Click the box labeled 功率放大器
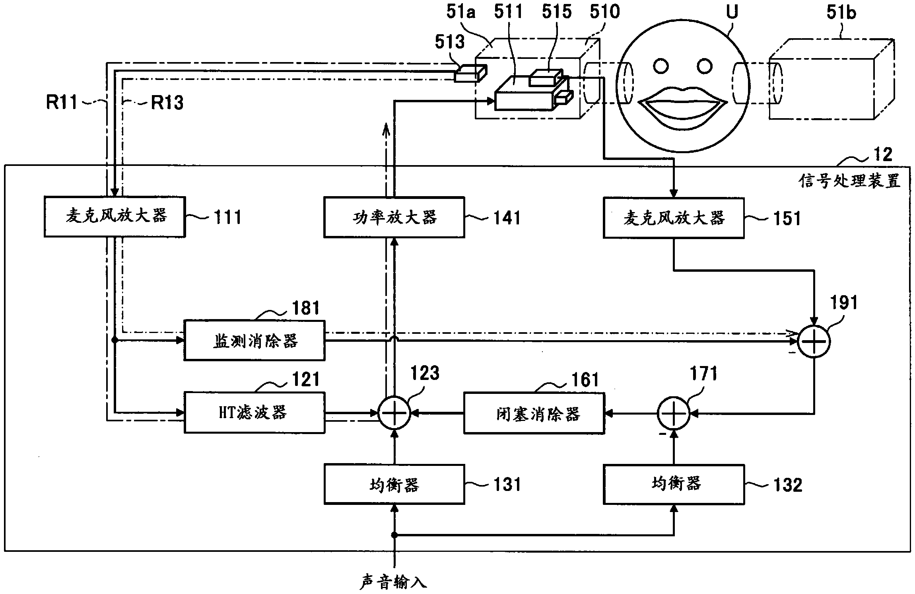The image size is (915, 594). (x=394, y=217)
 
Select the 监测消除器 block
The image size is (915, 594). (x=254, y=341)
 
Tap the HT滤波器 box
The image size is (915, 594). (x=254, y=413)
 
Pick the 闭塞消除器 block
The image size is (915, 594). (x=534, y=414)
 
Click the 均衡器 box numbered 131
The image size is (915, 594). (x=394, y=484)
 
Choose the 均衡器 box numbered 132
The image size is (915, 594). (x=674, y=484)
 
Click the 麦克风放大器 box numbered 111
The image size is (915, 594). (x=115, y=216)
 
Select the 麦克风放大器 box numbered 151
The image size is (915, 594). (x=674, y=218)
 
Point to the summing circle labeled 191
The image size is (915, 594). (x=814, y=341)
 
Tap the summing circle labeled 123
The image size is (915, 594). (x=394, y=413)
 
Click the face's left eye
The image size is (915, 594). (x=661, y=66)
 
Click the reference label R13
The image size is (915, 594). (x=167, y=103)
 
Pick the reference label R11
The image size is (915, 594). (x=62, y=102)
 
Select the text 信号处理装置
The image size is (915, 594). (x=849, y=181)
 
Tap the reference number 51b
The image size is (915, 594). (x=841, y=13)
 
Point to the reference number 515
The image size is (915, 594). (x=556, y=12)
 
